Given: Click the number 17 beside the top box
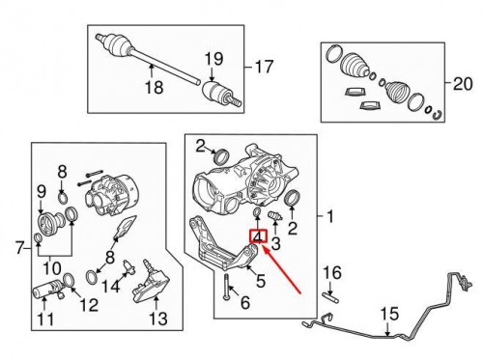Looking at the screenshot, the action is [x=264, y=68].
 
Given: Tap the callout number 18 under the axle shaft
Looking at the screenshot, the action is [x=155, y=87].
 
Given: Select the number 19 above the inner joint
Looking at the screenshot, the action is [x=213, y=59].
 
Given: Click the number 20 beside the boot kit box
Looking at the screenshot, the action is [x=463, y=84].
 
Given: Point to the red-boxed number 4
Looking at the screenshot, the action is [x=259, y=236].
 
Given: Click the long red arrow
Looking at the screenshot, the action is [x=281, y=269].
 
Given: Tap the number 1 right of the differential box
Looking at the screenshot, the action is [x=330, y=216].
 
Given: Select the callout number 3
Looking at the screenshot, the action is [x=275, y=244].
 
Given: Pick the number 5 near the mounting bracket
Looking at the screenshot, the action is [x=260, y=281].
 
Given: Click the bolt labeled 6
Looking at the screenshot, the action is [x=227, y=287].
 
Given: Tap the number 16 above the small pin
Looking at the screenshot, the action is [x=332, y=273].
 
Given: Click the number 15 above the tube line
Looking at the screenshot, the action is [x=390, y=315].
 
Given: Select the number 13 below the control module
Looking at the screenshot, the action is [x=158, y=318].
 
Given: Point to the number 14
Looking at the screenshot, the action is [x=111, y=286].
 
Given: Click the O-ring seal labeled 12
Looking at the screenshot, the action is [x=69, y=280].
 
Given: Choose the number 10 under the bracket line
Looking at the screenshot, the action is [x=52, y=267].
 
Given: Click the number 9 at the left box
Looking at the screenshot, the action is [x=42, y=192].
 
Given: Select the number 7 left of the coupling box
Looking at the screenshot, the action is [x=20, y=248].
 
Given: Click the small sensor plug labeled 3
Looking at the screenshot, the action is [x=275, y=216].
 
